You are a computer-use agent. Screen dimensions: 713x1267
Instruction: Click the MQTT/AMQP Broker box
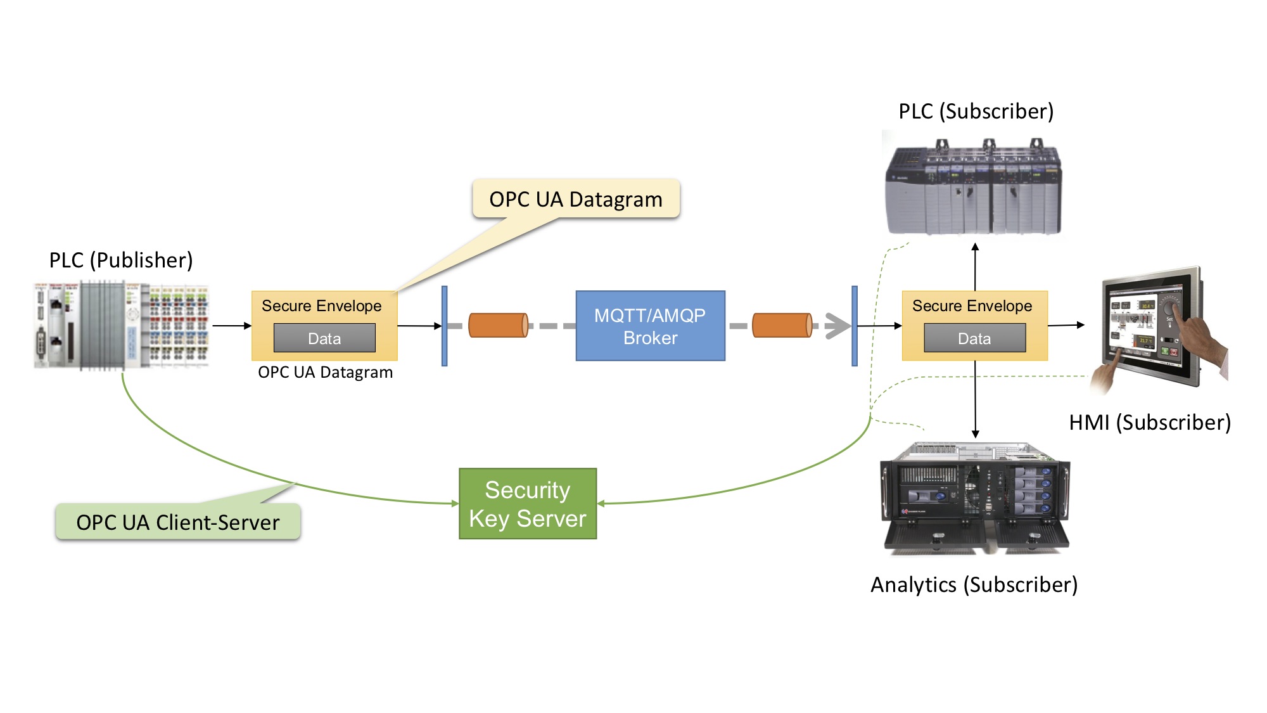[x=650, y=326]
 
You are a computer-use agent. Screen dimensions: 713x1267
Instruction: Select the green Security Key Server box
[x=528, y=504]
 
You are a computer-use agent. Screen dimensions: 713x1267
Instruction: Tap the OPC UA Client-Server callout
[x=178, y=522]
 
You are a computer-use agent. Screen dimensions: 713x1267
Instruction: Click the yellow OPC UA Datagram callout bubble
[x=576, y=199]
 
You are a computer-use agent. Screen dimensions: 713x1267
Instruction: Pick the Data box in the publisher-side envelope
[x=324, y=338]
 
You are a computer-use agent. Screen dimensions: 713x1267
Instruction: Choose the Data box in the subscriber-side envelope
[x=974, y=338]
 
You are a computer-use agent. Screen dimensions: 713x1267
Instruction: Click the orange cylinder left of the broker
[x=498, y=325]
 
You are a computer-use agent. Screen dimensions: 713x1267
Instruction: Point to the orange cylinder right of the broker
[x=782, y=325]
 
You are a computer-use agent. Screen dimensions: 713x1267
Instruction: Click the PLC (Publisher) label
[x=121, y=260]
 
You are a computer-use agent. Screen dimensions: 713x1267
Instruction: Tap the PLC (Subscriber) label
[x=976, y=111]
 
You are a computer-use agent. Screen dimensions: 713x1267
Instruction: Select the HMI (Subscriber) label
[x=1150, y=422]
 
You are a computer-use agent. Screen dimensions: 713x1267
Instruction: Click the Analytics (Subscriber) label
[x=974, y=584]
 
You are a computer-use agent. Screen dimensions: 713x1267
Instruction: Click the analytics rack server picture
[x=975, y=498]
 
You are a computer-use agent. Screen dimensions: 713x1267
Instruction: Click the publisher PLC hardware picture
[x=121, y=326]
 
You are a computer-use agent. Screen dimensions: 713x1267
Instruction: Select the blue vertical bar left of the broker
[x=445, y=326]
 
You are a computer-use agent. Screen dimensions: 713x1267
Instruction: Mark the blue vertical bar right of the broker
[x=855, y=326]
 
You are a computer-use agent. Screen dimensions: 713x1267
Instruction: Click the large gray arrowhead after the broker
[x=837, y=326]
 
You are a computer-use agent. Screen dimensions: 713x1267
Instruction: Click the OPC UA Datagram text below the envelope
[x=325, y=372]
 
